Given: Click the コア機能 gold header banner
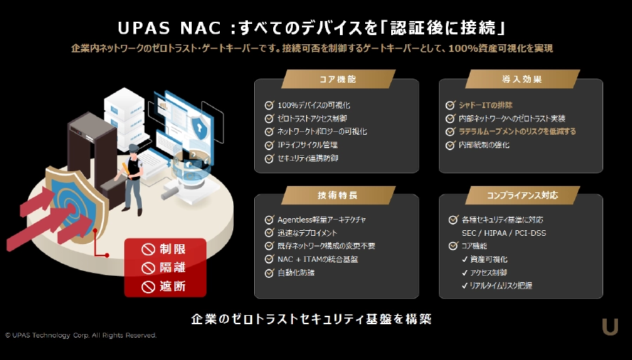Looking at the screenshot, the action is coord(338,79).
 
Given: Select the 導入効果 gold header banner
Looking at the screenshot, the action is coord(522,79).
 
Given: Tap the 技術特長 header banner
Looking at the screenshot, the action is coord(338,195).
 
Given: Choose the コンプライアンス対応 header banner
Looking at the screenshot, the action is coord(522,195).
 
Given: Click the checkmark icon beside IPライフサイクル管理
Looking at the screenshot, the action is coord(269,145).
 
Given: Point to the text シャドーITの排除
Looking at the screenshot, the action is coord(486,105).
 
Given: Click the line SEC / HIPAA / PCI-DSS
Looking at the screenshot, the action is coord(503,233).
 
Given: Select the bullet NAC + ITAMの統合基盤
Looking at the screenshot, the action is coord(317,260).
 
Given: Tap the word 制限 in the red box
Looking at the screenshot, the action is coord(173,249).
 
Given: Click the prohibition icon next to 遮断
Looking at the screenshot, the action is coord(148,287).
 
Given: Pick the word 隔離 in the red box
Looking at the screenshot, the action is coord(173,268).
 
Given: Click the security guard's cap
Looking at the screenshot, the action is coord(133,147).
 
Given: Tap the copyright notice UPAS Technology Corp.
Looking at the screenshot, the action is coord(81,335).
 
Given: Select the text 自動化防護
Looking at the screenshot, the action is coord(296,272).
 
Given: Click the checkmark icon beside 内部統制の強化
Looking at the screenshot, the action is coord(450,145).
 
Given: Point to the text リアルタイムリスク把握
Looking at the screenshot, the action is coord(501,286).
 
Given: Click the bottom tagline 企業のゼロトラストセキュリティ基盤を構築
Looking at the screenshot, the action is coord(312,319).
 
